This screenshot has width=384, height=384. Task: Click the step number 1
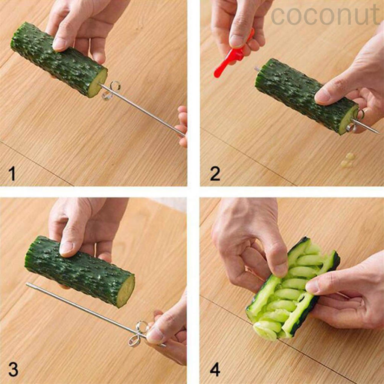pyautogui.click(x=12, y=174)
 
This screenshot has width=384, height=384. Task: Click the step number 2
pyautogui.click(x=215, y=174)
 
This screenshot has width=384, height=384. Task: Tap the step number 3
pyautogui.click(x=13, y=369)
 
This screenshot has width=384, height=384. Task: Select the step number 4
pyautogui.click(x=215, y=369)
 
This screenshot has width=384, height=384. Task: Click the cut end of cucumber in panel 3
pyautogui.click(x=126, y=290)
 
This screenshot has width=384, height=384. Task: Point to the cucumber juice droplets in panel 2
pyautogui.click(x=347, y=160)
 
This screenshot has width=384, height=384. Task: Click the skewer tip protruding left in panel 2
pyautogui.click(x=257, y=69)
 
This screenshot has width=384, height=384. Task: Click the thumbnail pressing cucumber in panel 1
pyautogui.click(x=59, y=44)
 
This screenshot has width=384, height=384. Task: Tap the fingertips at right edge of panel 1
pyautogui.click(x=183, y=126)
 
